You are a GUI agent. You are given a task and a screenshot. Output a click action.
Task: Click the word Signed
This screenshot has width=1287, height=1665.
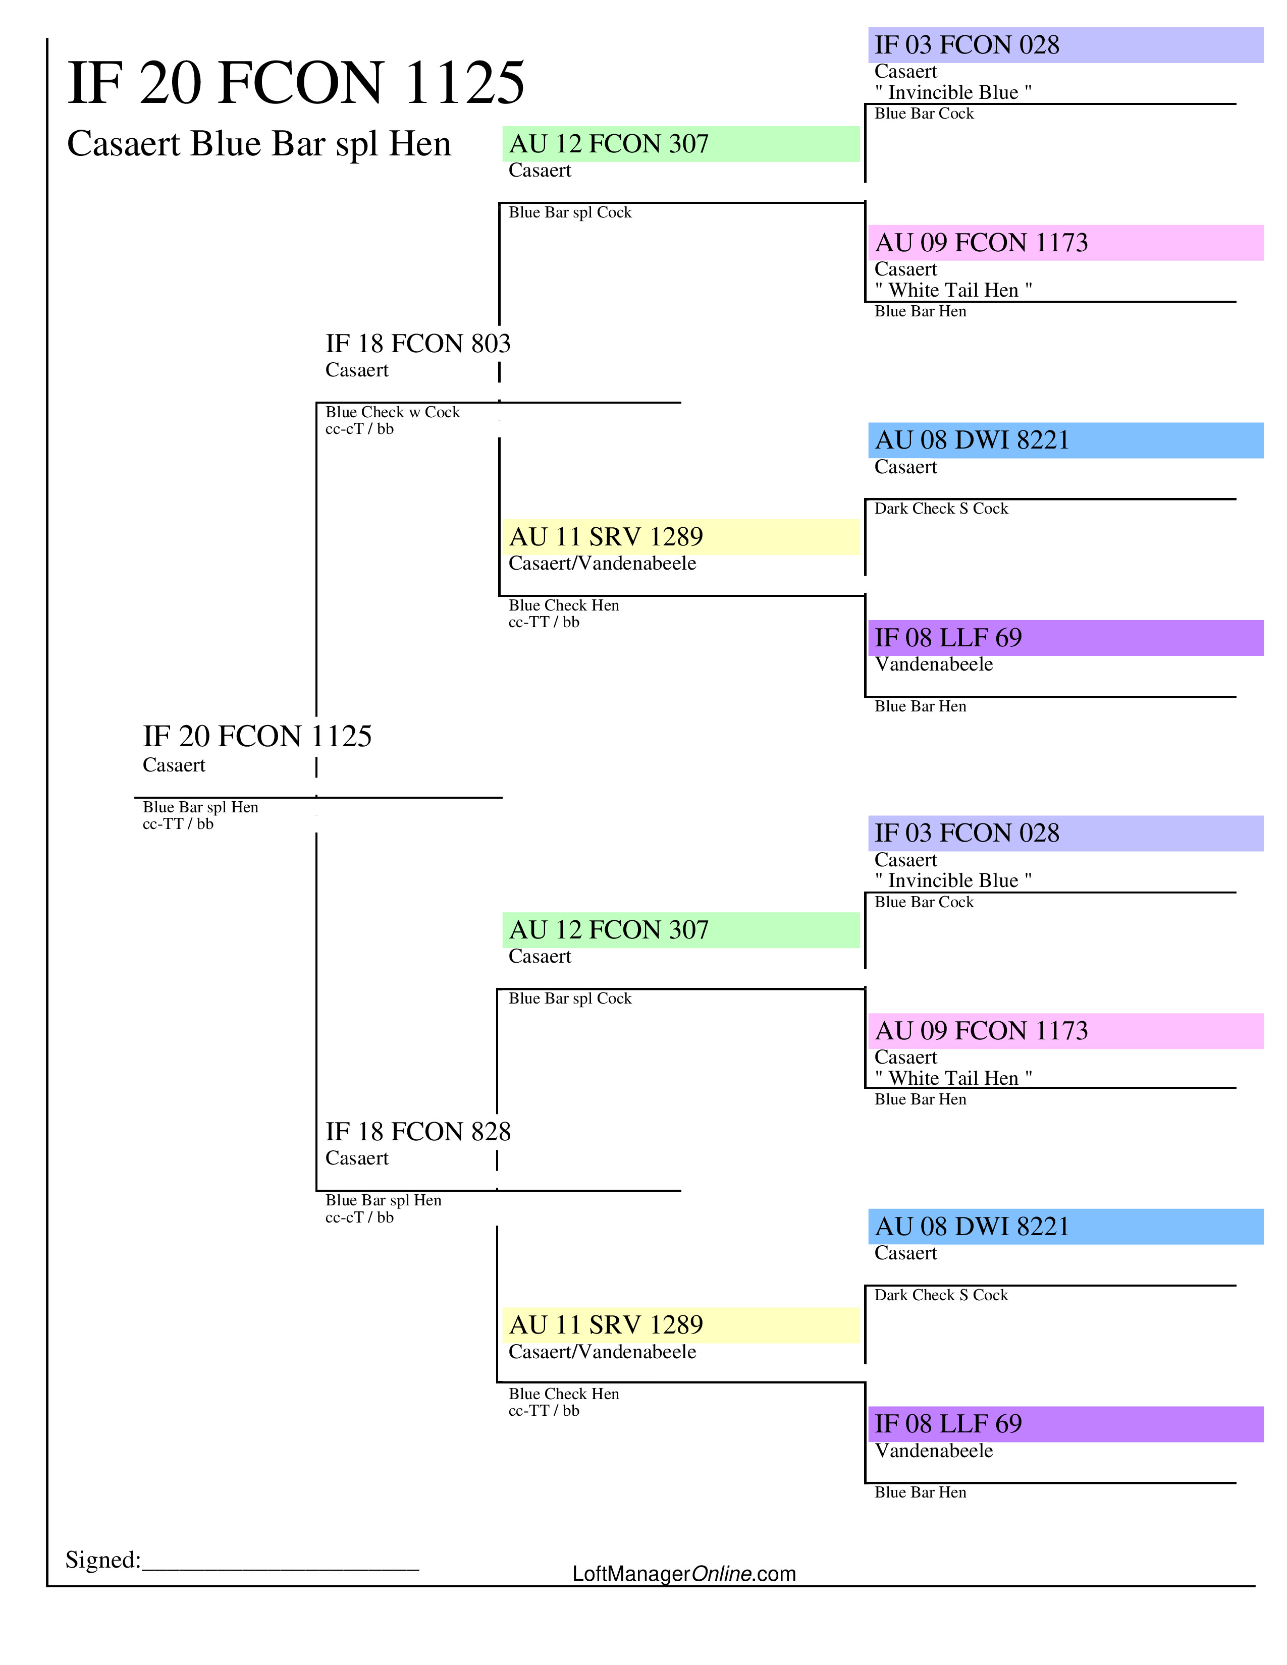pyautogui.click(x=102, y=1560)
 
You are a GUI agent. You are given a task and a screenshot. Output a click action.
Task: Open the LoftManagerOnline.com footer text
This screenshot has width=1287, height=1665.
pyautogui.click(x=683, y=1574)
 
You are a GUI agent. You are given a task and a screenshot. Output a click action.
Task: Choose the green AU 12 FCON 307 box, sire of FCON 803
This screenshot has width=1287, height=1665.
pyautogui.click(x=680, y=144)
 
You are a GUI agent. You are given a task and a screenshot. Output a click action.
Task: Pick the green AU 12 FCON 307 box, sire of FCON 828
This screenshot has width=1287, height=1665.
pyautogui.click(x=680, y=930)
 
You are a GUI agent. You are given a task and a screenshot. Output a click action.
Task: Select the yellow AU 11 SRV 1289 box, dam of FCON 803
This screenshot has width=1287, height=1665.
pyautogui.click(x=680, y=537)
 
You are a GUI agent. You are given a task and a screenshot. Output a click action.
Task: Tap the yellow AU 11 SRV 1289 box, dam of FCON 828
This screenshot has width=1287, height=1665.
pyautogui.click(x=680, y=1325)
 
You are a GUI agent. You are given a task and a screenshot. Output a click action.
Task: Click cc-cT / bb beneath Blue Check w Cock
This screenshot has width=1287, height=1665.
pyautogui.click(x=359, y=429)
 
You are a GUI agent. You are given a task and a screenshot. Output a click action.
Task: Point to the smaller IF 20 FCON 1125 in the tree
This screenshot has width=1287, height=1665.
pyautogui.click(x=257, y=737)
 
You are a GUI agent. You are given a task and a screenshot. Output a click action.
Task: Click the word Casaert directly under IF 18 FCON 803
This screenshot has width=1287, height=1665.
pyautogui.click(x=357, y=370)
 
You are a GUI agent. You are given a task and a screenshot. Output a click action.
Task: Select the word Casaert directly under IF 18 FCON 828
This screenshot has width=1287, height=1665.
pyautogui.click(x=357, y=1159)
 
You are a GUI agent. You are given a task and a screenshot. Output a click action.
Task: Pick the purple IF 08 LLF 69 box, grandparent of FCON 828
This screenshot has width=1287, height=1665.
pyautogui.click(x=1064, y=1424)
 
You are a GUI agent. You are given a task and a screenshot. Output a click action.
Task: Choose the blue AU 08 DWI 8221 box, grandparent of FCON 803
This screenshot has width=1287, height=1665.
pyautogui.click(x=1064, y=440)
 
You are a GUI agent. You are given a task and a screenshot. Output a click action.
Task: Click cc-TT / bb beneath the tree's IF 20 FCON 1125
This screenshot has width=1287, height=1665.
pyautogui.click(x=178, y=824)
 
